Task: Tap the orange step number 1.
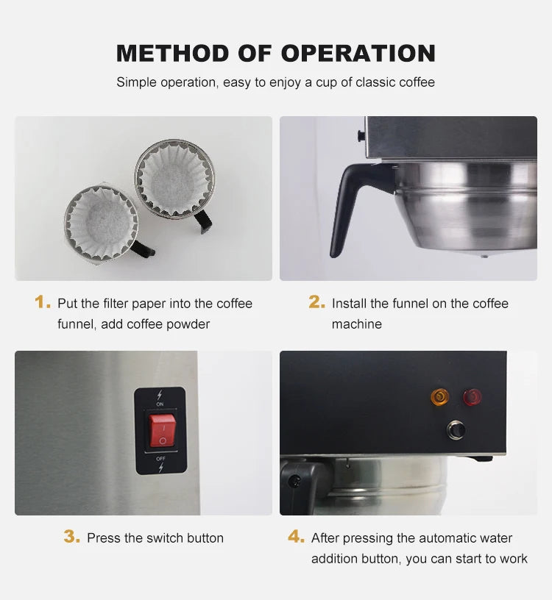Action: tap(43, 302)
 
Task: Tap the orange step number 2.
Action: tap(316, 302)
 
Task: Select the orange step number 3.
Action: tap(71, 537)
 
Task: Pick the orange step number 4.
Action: tap(296, 537)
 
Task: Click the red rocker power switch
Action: tap(162, 430)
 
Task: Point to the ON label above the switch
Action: tap(160, 404)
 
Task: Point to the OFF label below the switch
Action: tap(160, 458)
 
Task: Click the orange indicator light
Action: tap(439, 398)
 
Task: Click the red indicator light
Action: tap(472, 397)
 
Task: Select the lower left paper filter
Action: tap(101, 221)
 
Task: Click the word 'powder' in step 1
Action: tap(187, 324)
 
